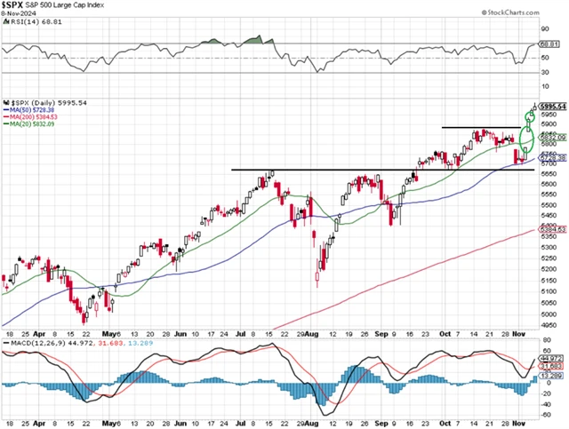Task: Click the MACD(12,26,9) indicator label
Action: click(31, 343)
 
